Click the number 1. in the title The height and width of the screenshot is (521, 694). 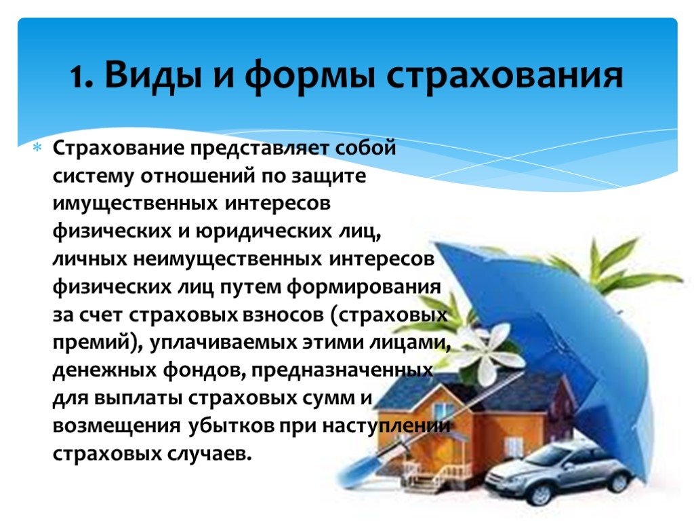tap(81, 77)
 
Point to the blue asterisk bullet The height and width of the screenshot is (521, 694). tap(37, 147)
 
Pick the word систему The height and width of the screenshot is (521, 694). tap(92, 176)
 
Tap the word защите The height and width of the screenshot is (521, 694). tap(329, 176)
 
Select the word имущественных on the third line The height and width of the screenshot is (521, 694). tap(136, 204)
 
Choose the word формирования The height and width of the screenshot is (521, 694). tap(363, 287)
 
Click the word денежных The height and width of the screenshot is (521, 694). tap(104, 370)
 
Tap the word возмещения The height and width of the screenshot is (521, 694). tap(117, 426)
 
